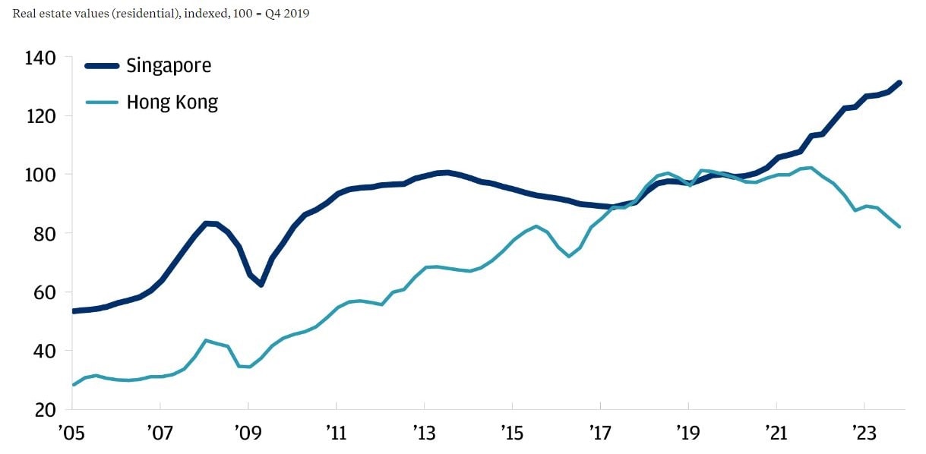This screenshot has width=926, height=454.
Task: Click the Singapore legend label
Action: (x=169, y=65)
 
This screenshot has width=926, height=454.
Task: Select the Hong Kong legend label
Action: (x=172, y=102)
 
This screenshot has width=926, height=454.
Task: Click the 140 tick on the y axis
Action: (x=40, y=58)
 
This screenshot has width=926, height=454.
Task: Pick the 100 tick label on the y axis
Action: (x=40, y=175)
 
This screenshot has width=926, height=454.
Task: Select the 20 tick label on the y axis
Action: (x=44, y=409)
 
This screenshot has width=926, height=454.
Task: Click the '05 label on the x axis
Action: (x=73, y=434)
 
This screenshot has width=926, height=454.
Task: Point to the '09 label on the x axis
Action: (x=248, y=434)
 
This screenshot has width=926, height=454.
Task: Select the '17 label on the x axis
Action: (x=600, y=434)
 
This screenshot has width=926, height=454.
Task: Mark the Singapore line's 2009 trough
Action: (x=261, y=285)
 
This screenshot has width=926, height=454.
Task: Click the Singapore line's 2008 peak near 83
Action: (x=207, y=223)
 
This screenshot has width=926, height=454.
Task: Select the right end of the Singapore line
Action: (x=899, y=82)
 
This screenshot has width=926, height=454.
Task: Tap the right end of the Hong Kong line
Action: (x=899, y=226)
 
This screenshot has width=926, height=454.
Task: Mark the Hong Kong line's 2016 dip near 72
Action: (x=568, y=256)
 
